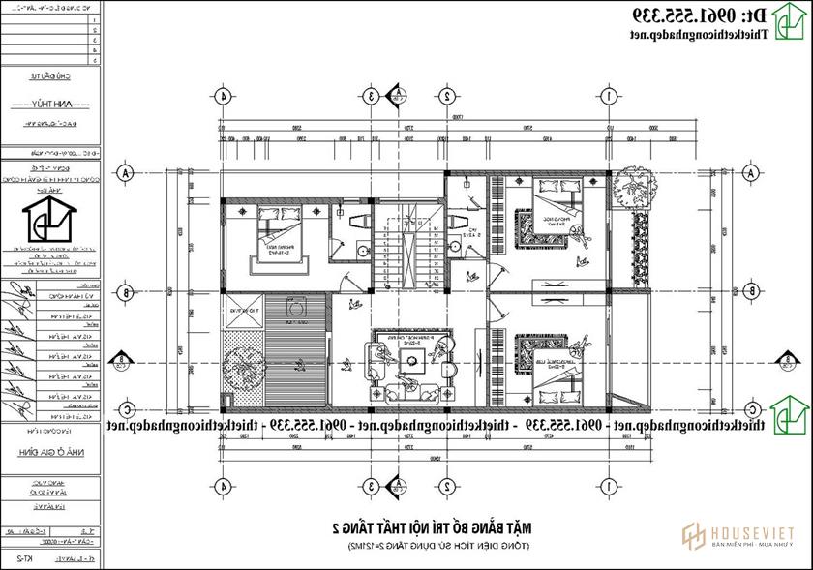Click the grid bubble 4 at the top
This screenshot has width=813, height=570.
(x=224, y=96)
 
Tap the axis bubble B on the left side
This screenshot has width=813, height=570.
(x=125, y=290)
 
